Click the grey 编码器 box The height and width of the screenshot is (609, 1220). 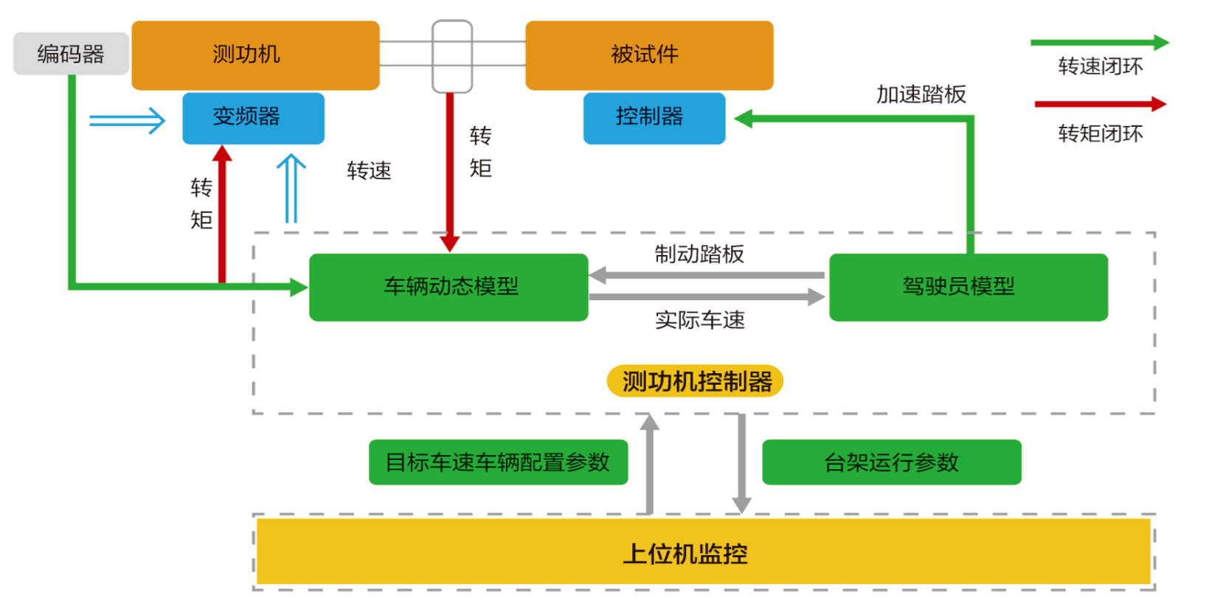71,54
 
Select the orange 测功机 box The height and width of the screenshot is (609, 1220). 255,55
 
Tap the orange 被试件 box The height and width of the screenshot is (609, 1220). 649,55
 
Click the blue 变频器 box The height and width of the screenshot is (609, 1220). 253,118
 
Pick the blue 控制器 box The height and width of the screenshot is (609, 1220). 654,118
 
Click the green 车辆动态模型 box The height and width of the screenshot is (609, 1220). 448,288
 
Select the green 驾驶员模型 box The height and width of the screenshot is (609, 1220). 968,288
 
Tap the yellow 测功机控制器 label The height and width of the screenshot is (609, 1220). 695,381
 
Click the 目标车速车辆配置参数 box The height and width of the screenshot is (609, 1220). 498,462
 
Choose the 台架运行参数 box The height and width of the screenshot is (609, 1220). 892,462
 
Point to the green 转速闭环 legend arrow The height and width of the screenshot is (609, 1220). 1099,43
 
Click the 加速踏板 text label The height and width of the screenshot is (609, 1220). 921,94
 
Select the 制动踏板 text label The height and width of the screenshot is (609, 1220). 699,254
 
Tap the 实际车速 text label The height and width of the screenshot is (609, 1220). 700,320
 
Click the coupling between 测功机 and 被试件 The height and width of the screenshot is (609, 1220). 452,56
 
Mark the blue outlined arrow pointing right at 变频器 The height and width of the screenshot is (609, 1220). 128,120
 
